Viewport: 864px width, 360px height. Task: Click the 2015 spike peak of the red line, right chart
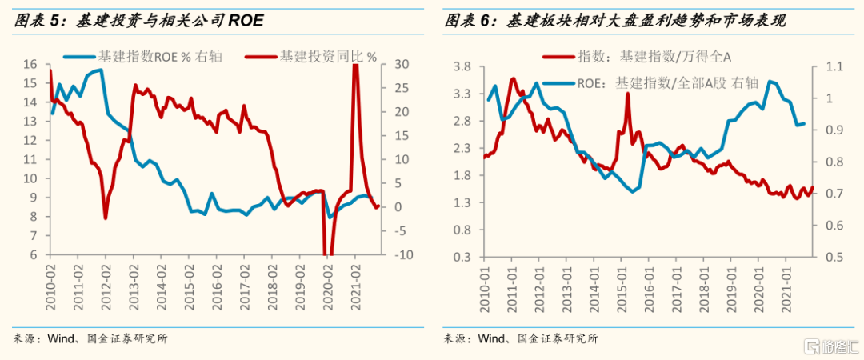(x=627, y=94)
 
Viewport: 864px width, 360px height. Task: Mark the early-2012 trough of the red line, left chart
(x=105, y=217)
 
